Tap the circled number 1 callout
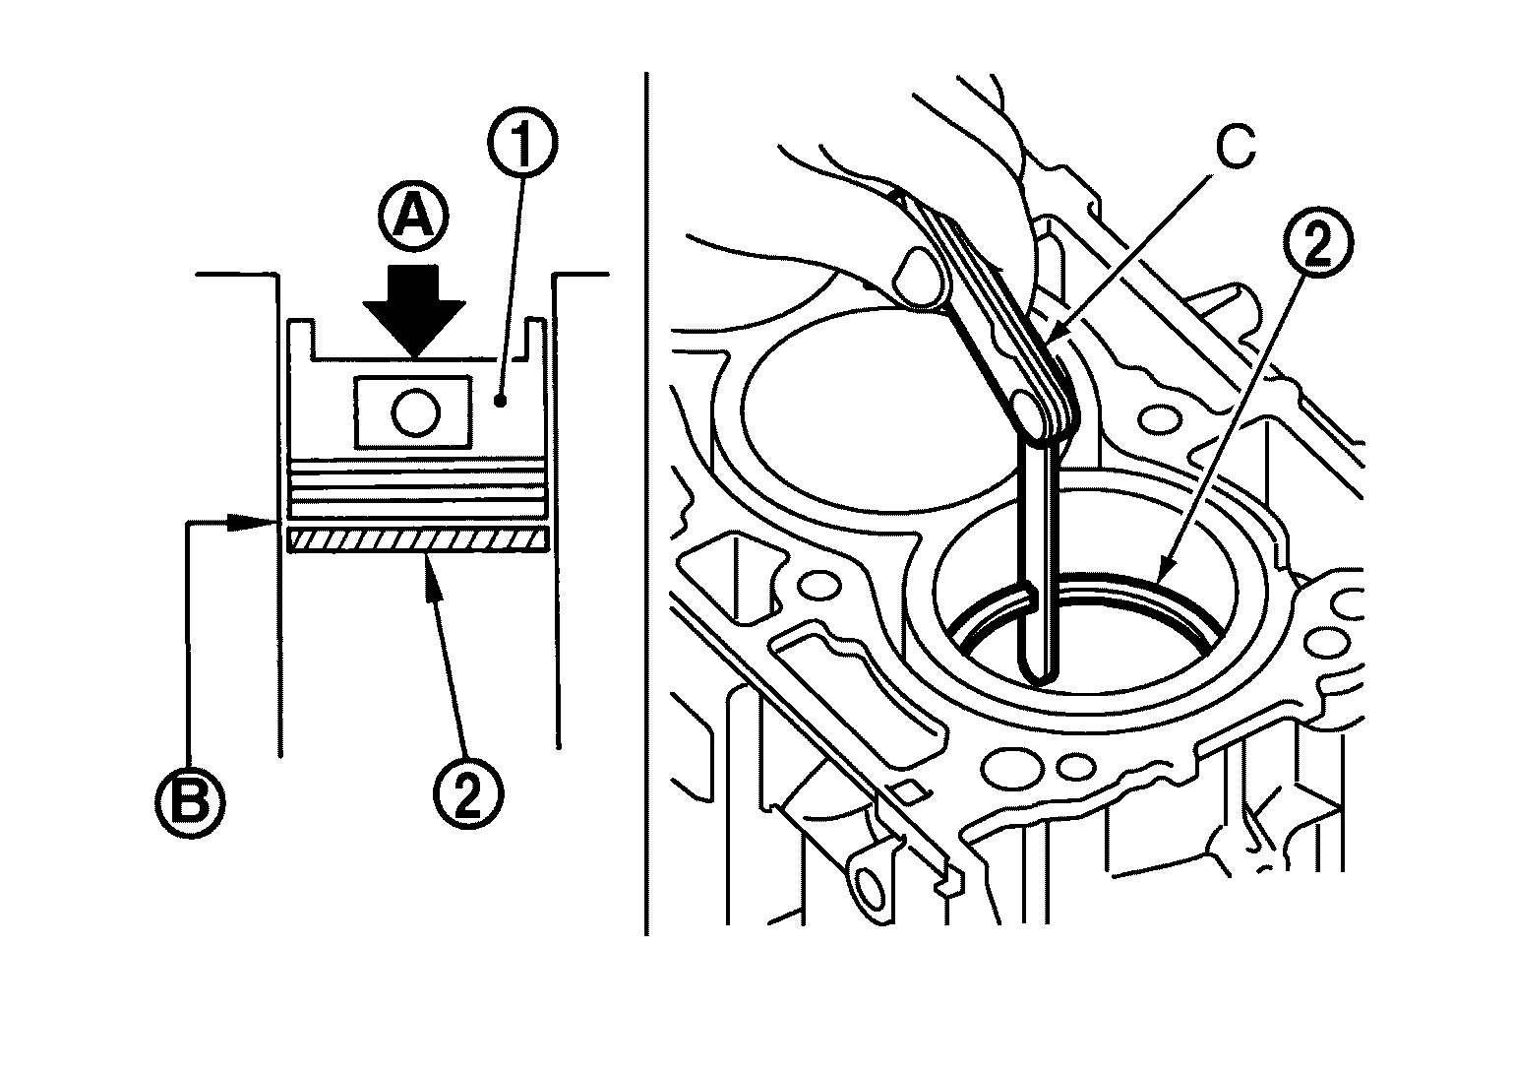(521, 143)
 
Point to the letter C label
(1235, 147)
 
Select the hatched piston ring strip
(417, 539)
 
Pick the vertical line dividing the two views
(646, 504)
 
